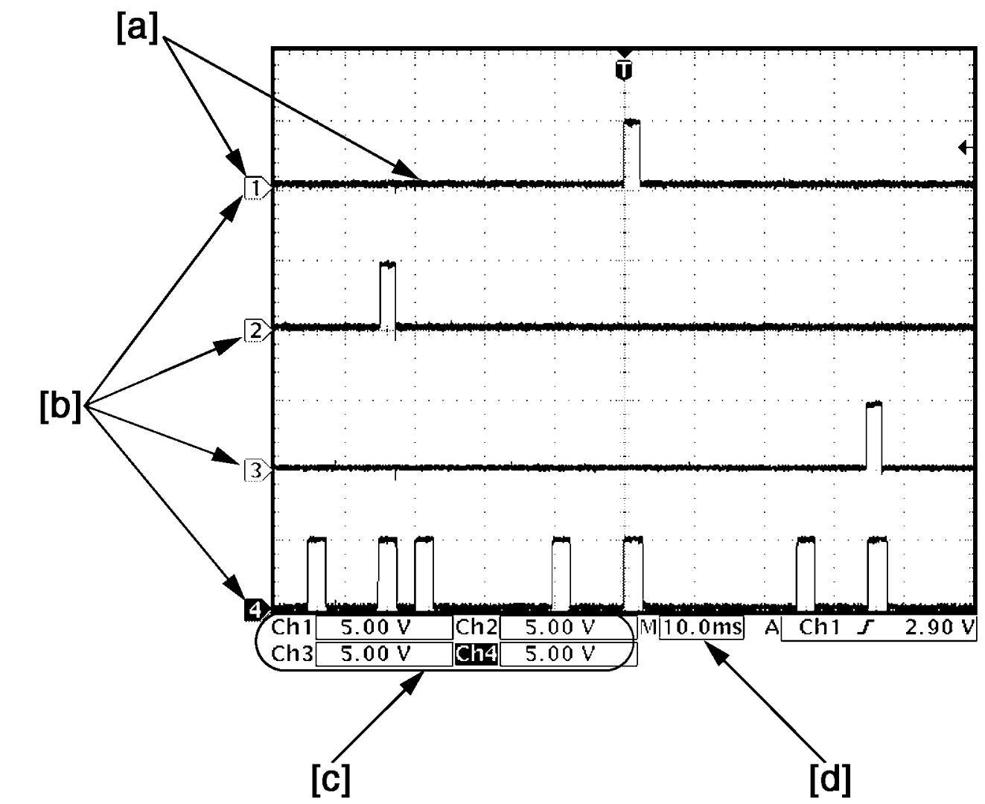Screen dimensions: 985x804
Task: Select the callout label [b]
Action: click(x=60, y=406)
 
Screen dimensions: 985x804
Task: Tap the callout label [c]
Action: click(x=331, y=779)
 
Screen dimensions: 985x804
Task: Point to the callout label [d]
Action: click(x=830, y=779)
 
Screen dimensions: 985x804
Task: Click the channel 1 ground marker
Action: click(x=257, y=188)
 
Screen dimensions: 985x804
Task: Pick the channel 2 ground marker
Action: click(x=257, y=330)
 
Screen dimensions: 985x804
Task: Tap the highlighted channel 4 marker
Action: click(x=256, y=610)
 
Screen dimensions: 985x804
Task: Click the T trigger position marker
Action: click(x=624, y=70)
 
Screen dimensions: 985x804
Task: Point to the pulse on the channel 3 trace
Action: click(x=874, y=435)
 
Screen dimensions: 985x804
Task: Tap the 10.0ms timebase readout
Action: click(x=701, y=627)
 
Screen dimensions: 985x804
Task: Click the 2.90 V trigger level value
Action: click(x=940, y=627)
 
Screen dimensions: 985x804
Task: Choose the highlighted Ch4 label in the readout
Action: click(x=476, y=654)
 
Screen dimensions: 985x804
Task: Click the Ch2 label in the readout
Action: click(x=476, y=627)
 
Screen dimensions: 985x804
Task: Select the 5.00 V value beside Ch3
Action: click(x=376, y=654)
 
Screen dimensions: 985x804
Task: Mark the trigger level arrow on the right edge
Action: click(x=966, y=148)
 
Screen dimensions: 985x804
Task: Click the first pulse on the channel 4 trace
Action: click(x=316, y=573)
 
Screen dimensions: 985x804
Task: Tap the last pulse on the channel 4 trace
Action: click(x=877, y=573)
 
